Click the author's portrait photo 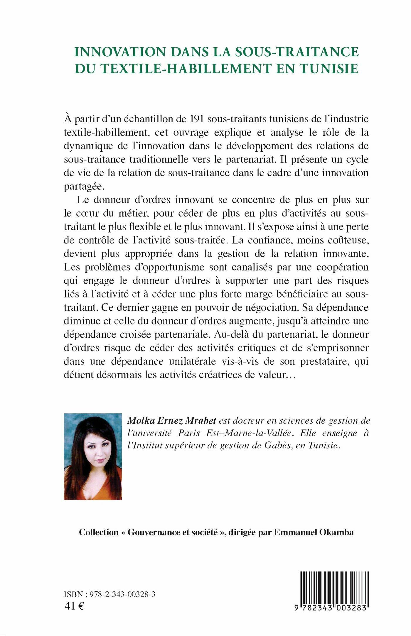93,456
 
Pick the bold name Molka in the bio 141,421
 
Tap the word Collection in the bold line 98,532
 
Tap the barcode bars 334,586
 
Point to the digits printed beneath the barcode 331,608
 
